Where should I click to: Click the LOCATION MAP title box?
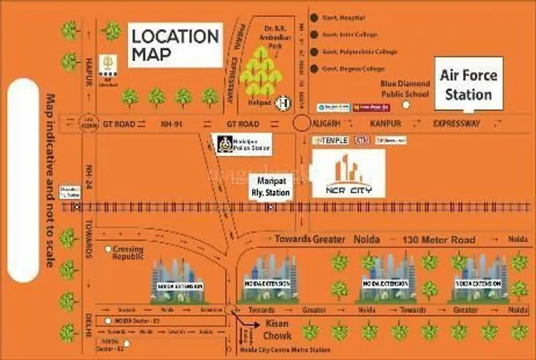(175, 45)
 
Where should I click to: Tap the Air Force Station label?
(468, 84)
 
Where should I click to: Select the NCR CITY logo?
(348, 174)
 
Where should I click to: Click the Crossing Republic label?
(128, 252)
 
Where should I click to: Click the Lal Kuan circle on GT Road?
(88, 123)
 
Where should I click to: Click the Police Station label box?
(243, 144)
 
